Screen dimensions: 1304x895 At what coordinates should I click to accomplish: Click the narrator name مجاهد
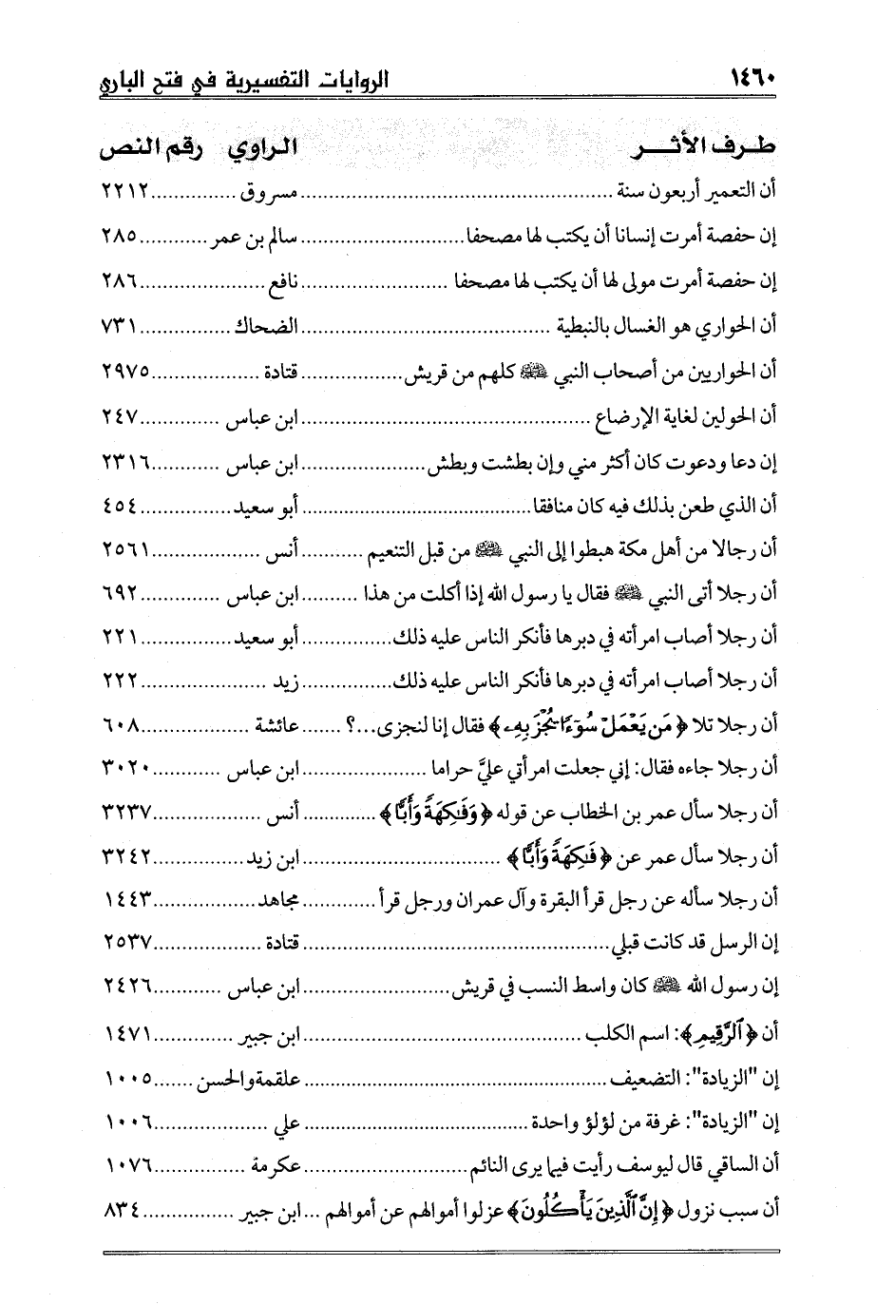coord(276,898)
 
